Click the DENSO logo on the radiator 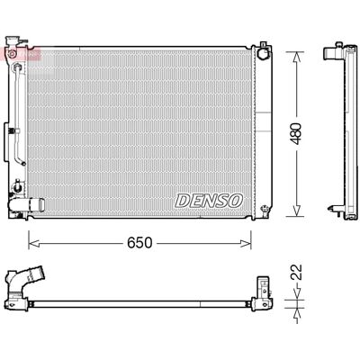209,200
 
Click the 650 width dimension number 139,243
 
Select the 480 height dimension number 296,133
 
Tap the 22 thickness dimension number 297,272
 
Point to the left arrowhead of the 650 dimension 34,243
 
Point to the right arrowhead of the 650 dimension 246,243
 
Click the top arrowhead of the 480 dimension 296,57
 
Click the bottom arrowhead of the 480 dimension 296,211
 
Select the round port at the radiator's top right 264,53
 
